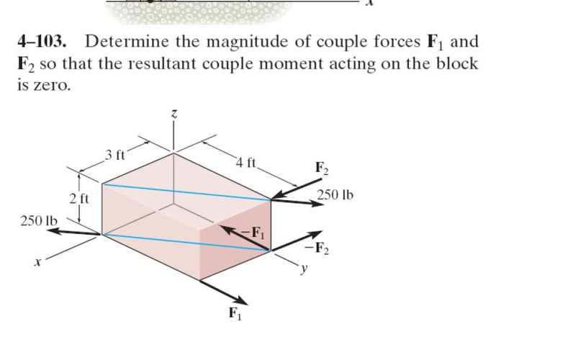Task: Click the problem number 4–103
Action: point(42,42)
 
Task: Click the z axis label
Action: point(174,114)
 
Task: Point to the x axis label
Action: point(37,263)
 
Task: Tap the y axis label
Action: point(303,269)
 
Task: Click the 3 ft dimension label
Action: point(115,156)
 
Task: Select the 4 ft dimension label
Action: point(246,162)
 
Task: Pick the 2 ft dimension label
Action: point(79,199)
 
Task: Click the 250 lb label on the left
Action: point(39,221)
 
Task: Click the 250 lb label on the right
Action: point(335,194)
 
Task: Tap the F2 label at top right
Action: point(322,168)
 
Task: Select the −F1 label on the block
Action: point(253,233)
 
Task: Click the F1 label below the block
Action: point(235,313)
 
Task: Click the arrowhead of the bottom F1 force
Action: point(242,300)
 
